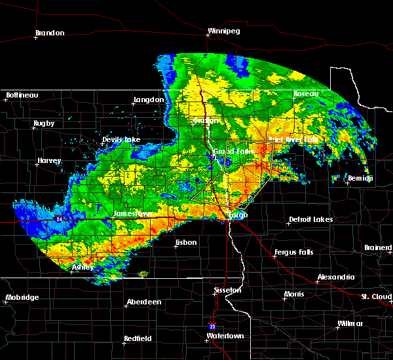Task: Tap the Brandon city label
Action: pyautogui.click(x=50, y=33)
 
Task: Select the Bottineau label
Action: pyautogui.click(x=22, y=95)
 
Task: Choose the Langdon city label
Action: pyautogui.click(x=148, y=99)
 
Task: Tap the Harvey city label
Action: pyautogui.click(x=49, y=161)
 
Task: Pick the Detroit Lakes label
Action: pyautogui.click(x=310, y=220)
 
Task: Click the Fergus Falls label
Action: pyautogui.click(x=295, y=252)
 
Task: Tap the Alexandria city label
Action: pyautogui.click(x=336, y=278)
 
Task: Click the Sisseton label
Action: pyautogui.click(x=228, y=290)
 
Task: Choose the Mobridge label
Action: pyautogui.click(x=22, y=298)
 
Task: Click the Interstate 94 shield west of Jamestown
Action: pyautogui.click(x=59, y=218)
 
